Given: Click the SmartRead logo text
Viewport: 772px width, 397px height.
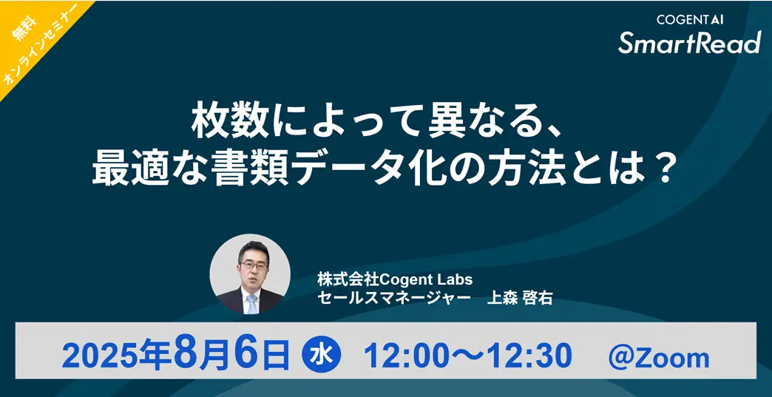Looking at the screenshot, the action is [x=690, y=43].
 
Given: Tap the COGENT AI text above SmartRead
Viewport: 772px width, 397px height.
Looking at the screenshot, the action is [x=690, y=20].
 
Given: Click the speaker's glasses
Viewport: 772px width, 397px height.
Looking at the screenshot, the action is [x=254, y=265].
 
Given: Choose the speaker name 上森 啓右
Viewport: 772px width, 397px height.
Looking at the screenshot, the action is [x=519, y=298].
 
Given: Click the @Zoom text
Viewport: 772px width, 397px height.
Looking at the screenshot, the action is [x=659, y=357].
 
